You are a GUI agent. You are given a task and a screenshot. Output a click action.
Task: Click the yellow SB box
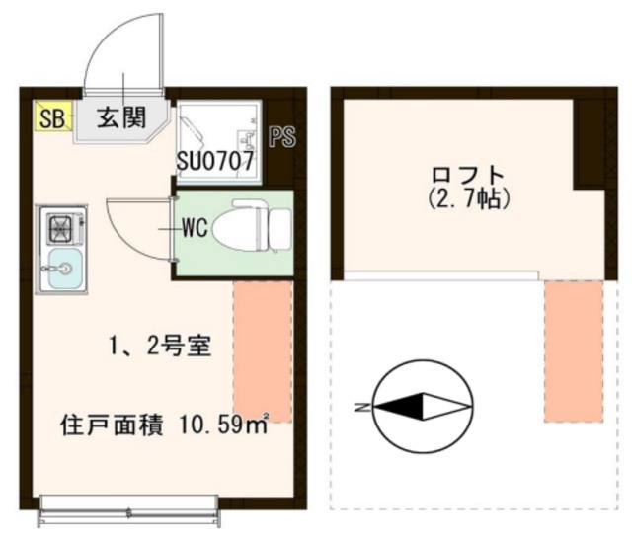(51, 117)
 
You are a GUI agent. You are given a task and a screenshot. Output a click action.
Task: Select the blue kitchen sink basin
(61, 268)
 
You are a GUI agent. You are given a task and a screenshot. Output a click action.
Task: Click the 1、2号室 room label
(156, 347)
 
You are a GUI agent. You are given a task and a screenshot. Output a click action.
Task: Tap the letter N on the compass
(361, 405)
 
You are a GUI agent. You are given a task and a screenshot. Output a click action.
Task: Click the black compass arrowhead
(399, 405)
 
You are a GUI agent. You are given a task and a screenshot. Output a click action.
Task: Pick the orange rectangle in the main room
(263, 350)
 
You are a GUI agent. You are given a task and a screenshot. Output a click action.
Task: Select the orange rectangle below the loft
(574, 350)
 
